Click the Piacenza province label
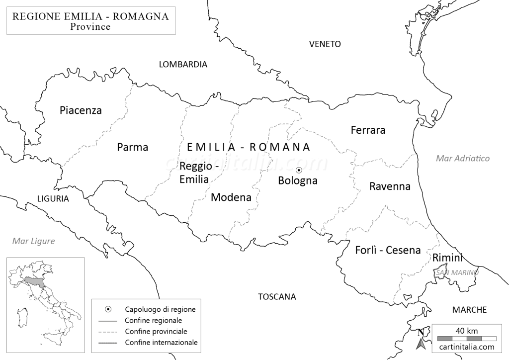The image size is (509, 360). pos(81,110)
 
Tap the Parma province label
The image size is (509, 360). pos(133,147)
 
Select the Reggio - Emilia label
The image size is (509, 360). pos(194,173)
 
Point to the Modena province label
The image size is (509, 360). pos(231,197)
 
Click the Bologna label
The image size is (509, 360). pos(297,180)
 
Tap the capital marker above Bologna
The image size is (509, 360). pos(299,171)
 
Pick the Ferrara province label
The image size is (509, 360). pos(368,130)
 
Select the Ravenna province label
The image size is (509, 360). pos(390,186)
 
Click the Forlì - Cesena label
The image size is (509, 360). pos(388,250)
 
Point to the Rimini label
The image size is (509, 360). pos(447,258)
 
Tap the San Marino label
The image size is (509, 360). pos(456,272)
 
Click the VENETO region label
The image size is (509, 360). pos(325,44)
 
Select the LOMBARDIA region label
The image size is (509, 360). pos(182,64)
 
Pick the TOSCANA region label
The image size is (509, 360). pos(277,297)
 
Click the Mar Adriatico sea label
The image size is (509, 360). pos(462,159)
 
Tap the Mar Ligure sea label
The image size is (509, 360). pos(34,241)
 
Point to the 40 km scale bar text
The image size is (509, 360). pos(467,331)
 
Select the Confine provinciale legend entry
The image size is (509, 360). pos(156,331)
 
